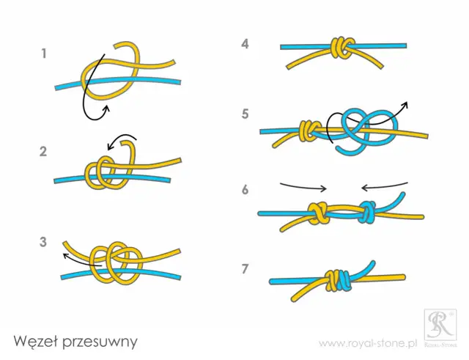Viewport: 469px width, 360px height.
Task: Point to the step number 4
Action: coord(245,44)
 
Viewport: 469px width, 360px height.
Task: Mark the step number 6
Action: coord(245,189)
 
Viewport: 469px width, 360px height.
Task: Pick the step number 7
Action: coord(245,268)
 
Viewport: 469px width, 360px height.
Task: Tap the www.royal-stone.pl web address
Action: coord(368,342)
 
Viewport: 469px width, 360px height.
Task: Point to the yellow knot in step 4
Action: coord(339,48)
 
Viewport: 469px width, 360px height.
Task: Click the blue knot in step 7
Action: coord(339,279)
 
